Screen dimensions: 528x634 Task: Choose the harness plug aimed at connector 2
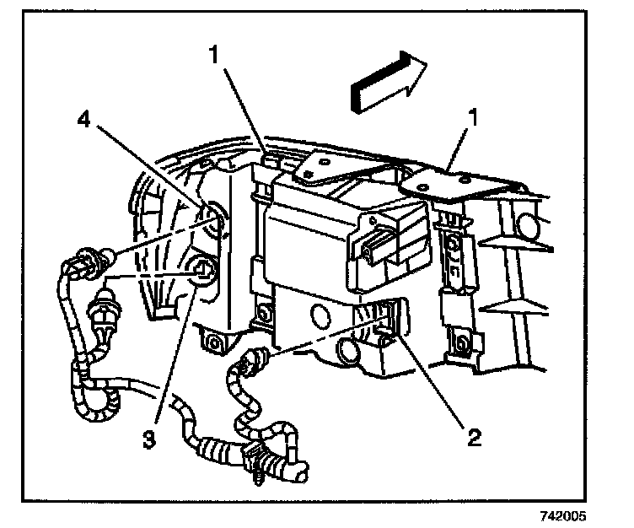point(250,362)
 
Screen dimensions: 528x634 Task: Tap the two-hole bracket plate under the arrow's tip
point(459,180)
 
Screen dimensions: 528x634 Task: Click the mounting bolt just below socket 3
point(212,341)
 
